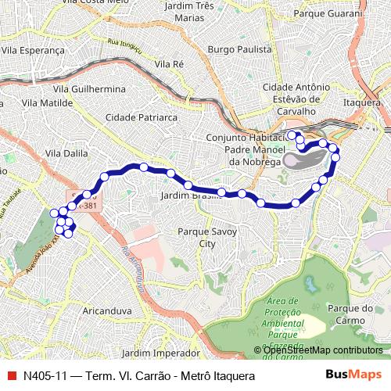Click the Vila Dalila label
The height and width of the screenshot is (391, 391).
click(x=66, y=153)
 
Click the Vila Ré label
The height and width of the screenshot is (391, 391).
click(x=169, y=63)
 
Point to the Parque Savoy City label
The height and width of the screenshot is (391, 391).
click(x=206, y=238)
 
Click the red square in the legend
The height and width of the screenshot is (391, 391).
click(x=10, y=376)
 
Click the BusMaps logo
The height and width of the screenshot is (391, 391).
click(x=353, y=375)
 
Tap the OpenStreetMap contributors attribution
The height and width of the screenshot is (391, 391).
click(x=322, y=351)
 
